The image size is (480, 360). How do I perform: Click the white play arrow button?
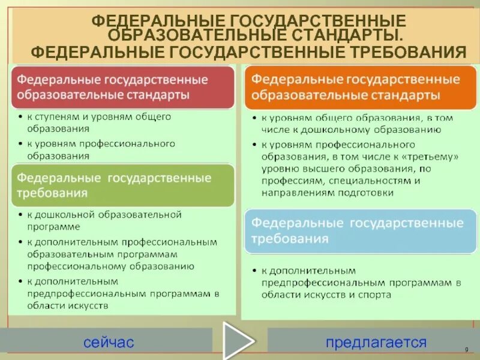coord(238,341)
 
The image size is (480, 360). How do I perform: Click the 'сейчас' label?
coord(109,343)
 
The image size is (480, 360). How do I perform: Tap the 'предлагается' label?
coord(376,343)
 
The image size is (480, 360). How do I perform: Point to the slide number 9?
coord(466,350)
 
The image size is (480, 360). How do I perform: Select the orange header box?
coord(359,87)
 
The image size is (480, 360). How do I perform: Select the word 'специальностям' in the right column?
coord(359,181)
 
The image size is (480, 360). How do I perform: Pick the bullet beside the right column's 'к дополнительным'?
coord(254,271)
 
